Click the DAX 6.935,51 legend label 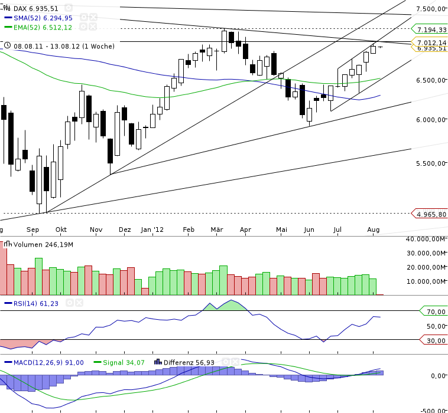(36, 8)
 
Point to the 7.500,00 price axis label (430, 9)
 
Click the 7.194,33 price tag (431, 29)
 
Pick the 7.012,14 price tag (431, 42)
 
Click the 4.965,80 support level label (431, 214)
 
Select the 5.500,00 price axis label (430, 163)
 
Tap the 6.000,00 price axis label (430, 119)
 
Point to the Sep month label (33, 230)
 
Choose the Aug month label (373, 230)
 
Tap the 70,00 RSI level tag (435, 311)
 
